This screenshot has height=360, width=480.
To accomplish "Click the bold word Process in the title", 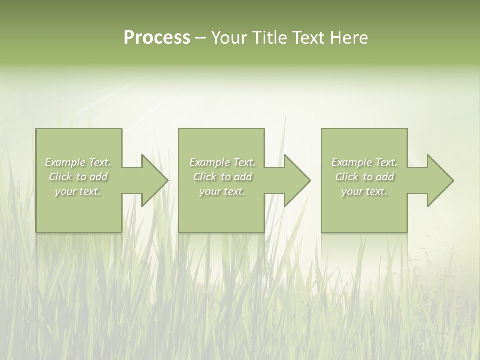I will [157, 38].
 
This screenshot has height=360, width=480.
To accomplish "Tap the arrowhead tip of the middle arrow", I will [310, 180].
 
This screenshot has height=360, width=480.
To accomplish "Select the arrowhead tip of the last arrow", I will [453, 180].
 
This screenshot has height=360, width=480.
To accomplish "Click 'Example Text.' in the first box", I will [78, 162].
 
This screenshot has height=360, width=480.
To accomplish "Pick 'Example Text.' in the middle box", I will [222, 162].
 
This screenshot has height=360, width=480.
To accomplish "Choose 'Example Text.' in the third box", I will [364, 162].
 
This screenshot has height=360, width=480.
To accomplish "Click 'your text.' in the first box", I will [78, 191].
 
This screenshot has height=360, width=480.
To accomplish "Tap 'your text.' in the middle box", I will [222, 191].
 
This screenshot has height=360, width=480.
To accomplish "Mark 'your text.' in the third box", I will [364, 191].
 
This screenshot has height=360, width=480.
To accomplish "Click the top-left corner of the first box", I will [36, 129].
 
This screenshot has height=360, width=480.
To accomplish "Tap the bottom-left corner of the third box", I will [322, 232].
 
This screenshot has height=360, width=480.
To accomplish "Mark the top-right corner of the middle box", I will [264, 129].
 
